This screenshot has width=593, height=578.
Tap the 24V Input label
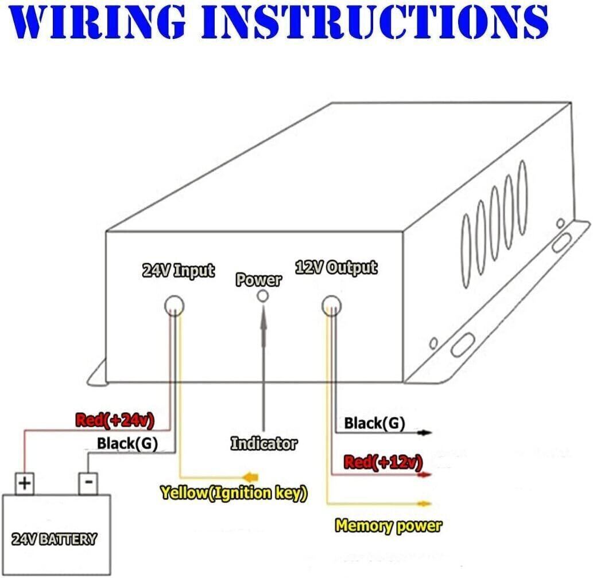pyautogui.click(x=178, y=270)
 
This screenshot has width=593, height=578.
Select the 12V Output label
pyautogui.click(x=336, y=267)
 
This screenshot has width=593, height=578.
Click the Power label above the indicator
pyautogui.click(x=259, y=280)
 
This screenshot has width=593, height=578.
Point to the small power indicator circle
pyautogui.click(x=263, y=296)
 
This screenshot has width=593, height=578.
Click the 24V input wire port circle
pyautogui.click(x=173, y=306)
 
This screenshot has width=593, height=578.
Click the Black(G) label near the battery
pyautogui.click(x=127, y=443)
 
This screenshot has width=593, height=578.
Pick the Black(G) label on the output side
pyautogui.click(x=374, y=424)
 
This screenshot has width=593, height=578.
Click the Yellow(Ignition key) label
pyautogui.click(x=233, y=493)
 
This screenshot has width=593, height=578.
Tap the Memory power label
pyautogui.click(x=389, y=525)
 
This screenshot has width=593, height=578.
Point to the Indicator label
pyautogui.click(x=264, y=443)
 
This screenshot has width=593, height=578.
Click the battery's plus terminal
pyautogui.click(x=24, y=483)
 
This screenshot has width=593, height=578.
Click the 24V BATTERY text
pyautogui.click(x=54, y=539)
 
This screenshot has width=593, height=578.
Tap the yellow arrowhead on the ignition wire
pyautogui.click(x=250, y=477)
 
